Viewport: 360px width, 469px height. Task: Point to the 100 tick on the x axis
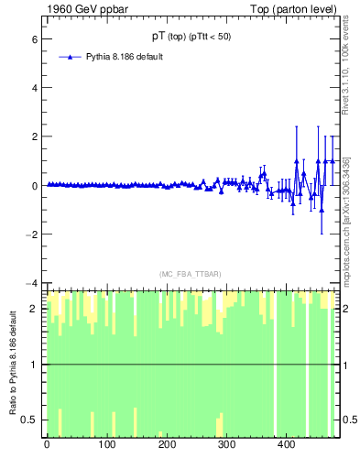point(106,444)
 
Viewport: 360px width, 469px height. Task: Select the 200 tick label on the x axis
point(167,444)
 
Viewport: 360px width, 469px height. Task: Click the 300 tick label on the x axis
point(226,444)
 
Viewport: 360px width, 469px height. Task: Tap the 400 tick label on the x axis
point(286,444)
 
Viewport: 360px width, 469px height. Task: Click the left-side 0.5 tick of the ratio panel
point(29,420)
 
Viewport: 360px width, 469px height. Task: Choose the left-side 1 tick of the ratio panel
point(33,365)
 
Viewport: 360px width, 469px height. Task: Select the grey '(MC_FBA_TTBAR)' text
point(188,274)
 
